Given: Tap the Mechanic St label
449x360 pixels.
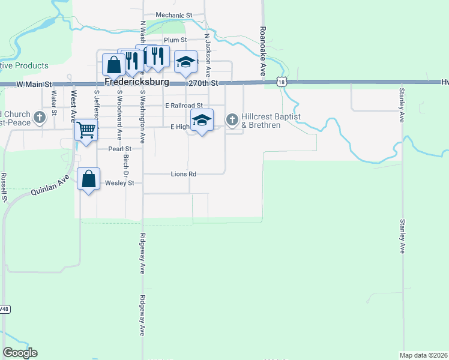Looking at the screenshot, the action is point(173,15).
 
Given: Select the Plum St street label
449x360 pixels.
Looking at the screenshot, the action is point(176,40).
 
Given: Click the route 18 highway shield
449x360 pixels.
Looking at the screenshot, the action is point(282,82).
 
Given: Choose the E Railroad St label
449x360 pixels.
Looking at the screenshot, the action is point(188,106).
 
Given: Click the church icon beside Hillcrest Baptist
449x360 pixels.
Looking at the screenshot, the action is point(232,120).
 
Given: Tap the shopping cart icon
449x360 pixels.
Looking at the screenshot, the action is point(86,129).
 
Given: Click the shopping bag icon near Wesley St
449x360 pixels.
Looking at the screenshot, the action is point(89,179).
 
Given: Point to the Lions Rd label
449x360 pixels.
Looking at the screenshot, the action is point(184,174).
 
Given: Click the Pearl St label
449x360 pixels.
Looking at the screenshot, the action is point(119,149).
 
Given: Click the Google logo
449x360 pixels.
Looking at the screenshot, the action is point(20,353).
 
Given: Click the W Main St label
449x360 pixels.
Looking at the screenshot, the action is point(35,85).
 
